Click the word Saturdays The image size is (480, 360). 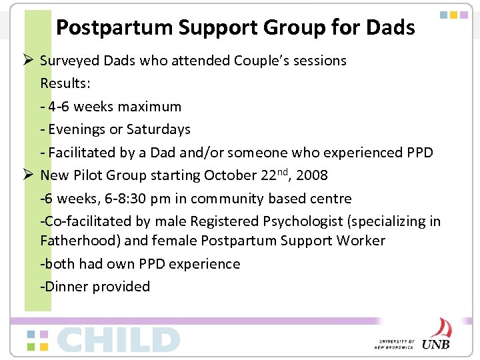tap(156, 129)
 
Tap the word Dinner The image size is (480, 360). tap(66, 287)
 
